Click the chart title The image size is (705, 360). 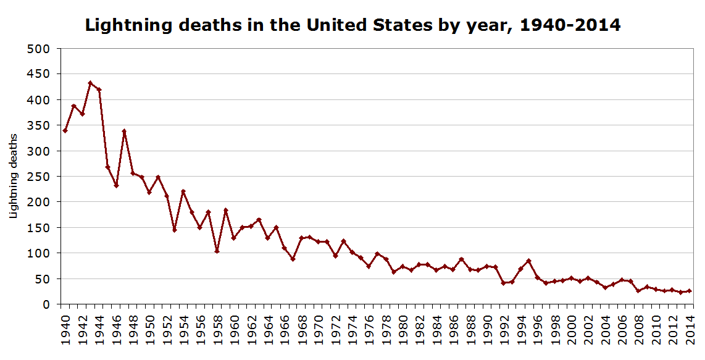point(352,25)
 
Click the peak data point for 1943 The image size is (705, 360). point(90,83)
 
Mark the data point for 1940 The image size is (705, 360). point(65,130)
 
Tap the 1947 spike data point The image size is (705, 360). point(124,131)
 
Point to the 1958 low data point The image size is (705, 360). point(217,251)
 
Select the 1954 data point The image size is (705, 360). point(183,191)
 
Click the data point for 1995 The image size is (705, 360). point(529,261)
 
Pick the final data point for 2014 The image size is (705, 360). point(690,291)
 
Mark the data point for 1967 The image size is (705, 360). point(293,259)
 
